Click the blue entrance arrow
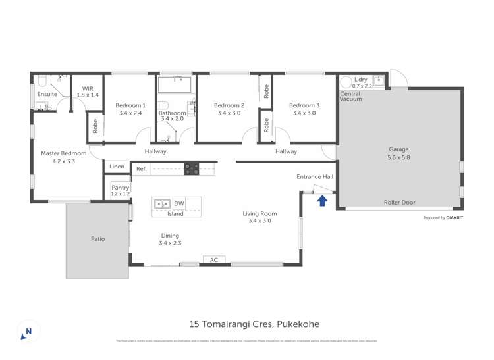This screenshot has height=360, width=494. (322, 201)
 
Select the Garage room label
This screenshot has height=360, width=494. (398, 149)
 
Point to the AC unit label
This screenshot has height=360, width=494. (213, 260)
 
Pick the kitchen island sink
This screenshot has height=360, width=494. (162, 204)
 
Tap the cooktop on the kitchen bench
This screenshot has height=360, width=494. (192, 168)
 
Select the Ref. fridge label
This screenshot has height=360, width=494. (141, 169)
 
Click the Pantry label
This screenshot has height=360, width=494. (120, 188)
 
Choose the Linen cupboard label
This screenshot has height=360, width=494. (117, 167)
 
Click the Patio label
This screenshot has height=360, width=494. (97, 239)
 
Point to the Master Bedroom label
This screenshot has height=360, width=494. (64, 153)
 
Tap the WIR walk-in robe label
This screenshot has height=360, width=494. (88, 88)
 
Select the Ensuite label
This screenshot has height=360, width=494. (47, 94)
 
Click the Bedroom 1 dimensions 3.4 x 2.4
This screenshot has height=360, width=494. (130, 113)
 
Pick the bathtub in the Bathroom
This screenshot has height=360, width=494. (175, 84)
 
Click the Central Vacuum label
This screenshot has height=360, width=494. (350, 97)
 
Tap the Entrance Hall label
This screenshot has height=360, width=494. (315, 176)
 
